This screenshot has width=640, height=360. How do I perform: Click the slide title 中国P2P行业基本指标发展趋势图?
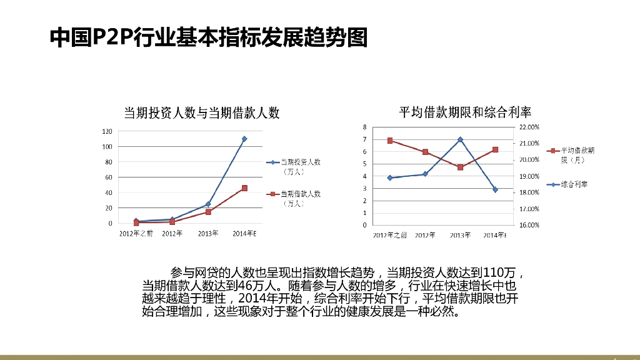[208, 37]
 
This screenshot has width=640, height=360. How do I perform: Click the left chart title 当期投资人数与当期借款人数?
[201, 112]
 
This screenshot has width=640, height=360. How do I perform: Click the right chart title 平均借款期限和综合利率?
[465, 112]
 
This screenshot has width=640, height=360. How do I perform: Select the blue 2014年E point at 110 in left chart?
[244, 139]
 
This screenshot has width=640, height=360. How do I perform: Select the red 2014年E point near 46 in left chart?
[244, 188]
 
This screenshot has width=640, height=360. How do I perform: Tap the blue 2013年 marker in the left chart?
[208, 204]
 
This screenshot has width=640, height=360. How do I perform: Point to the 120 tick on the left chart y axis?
[107, 131]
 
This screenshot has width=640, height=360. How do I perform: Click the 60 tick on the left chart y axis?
[109, 177]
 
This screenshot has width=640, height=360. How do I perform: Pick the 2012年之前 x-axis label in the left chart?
[136, 234]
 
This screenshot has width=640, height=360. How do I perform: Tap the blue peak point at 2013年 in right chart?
[460, 139]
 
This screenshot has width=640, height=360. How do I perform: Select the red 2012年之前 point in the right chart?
[389, 141]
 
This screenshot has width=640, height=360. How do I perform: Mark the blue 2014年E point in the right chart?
[495, 189]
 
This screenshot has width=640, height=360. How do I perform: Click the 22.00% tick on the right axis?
[529, 127]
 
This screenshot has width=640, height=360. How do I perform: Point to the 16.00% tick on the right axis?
[529, 225]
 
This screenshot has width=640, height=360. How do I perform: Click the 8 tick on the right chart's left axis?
[364, 127]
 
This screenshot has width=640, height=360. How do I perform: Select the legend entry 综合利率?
[574, 184]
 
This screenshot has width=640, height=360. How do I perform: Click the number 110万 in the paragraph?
[501, 272]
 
